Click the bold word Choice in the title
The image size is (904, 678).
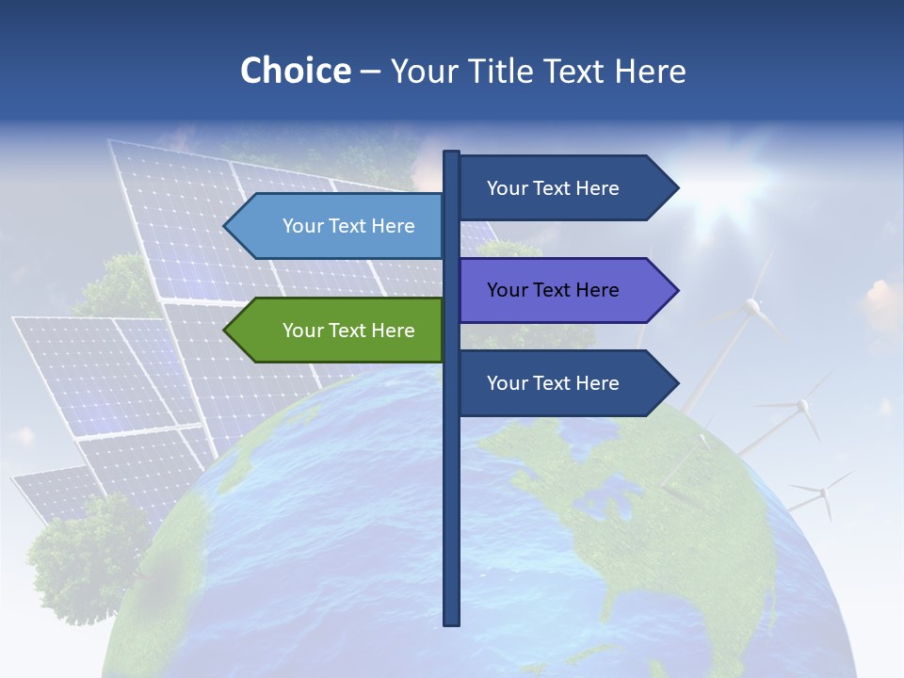click(x=295, y=71)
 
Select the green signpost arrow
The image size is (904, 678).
click(x=339, y=331)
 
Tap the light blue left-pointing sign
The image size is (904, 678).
click(x=339, y=226)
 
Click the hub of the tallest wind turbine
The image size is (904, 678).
click(x=751, y=304)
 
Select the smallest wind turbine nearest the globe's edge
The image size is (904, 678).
click(x=822, y=491)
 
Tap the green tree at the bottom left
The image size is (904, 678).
click(x=85, y=556)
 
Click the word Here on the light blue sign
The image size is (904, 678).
click(x=393, y=226)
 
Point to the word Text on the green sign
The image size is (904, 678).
click(x=348, y=331)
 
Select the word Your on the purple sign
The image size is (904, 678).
click(x=507, y=290)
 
